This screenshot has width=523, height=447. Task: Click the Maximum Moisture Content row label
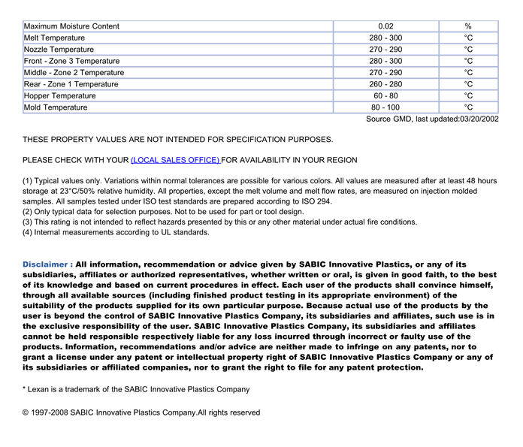[x=71, y=26]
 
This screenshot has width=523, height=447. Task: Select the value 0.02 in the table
[x=385, y=26]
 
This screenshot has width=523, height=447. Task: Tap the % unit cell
[x=468, y=26]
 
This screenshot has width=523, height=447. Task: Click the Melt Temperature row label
[x=55, y=38]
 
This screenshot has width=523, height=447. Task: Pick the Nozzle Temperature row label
[x=59, y=50]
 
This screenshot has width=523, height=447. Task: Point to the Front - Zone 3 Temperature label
[x=72, y=61]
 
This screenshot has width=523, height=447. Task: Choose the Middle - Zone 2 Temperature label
[x=74, y=73]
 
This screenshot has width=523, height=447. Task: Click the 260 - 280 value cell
[x=385, y=84]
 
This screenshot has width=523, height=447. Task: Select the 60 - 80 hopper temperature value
[x=385, y=96]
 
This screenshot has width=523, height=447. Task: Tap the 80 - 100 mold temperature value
[x=385, y=107]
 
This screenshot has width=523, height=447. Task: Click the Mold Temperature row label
[x=56, y=107]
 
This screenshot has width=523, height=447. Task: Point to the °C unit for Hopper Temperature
[x=468, y=96]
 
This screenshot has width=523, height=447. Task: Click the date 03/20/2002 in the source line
[x=479, y=119]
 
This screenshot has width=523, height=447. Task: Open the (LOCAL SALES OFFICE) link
[x=175, y=160]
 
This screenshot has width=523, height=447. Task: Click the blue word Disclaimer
[x=46, y=264]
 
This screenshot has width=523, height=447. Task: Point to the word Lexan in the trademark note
[x=41, y=390]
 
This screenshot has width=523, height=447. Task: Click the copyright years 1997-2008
[x=50, y=412]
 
